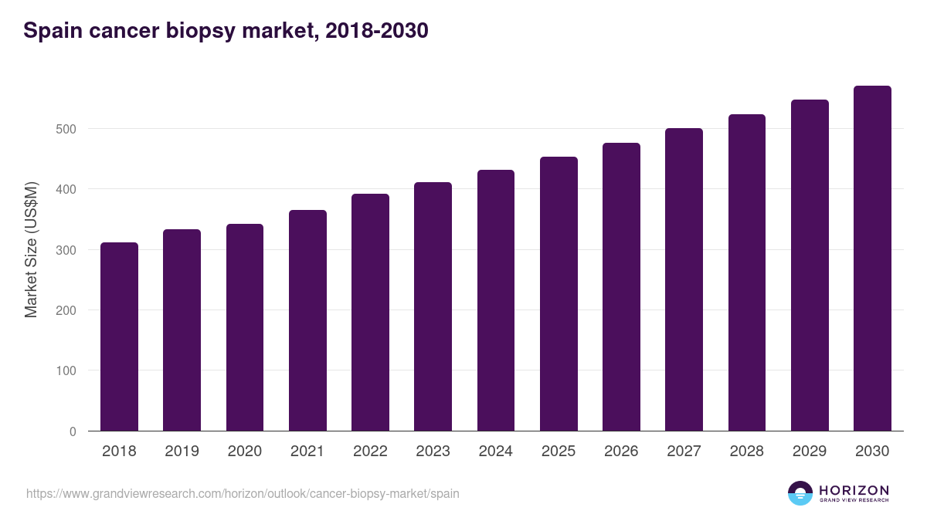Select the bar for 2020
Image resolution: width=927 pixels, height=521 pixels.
[x=245, y=327]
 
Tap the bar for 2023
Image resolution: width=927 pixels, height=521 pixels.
[x=433, y=306]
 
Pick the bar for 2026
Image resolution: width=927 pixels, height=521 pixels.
[x=621, y=287]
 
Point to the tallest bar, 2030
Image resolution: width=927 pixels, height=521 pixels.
[x=872, y=259]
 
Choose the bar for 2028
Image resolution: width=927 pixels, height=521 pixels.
[x=747, y=272]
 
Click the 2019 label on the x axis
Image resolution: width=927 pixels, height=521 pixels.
[x=182, y=452]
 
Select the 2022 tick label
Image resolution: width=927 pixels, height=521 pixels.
[x=370, y=452]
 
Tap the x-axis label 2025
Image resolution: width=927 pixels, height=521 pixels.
[x=559, y=452]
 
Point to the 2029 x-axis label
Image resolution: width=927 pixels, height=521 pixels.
[x=810, y=452]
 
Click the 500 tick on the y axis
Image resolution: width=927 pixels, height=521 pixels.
[x=66, y=129]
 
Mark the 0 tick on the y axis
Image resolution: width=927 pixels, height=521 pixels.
[x=73, y=431]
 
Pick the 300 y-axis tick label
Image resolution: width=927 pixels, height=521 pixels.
[x=66, y=250]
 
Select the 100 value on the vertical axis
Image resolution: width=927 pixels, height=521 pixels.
[x=66, y=370]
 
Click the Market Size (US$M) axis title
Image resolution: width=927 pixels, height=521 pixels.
[x=31, y=249]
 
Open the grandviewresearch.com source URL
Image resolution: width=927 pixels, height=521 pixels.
[x=243, y=493]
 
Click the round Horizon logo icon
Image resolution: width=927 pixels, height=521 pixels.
[x=800, y=493]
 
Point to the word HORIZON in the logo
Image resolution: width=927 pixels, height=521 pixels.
[x=854, y=490]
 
